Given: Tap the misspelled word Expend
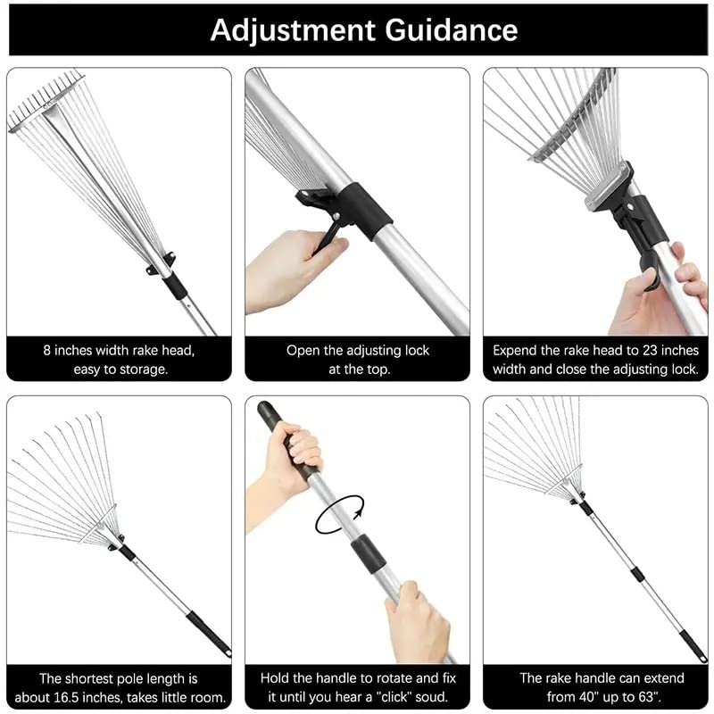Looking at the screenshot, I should [x=516, y=351].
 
